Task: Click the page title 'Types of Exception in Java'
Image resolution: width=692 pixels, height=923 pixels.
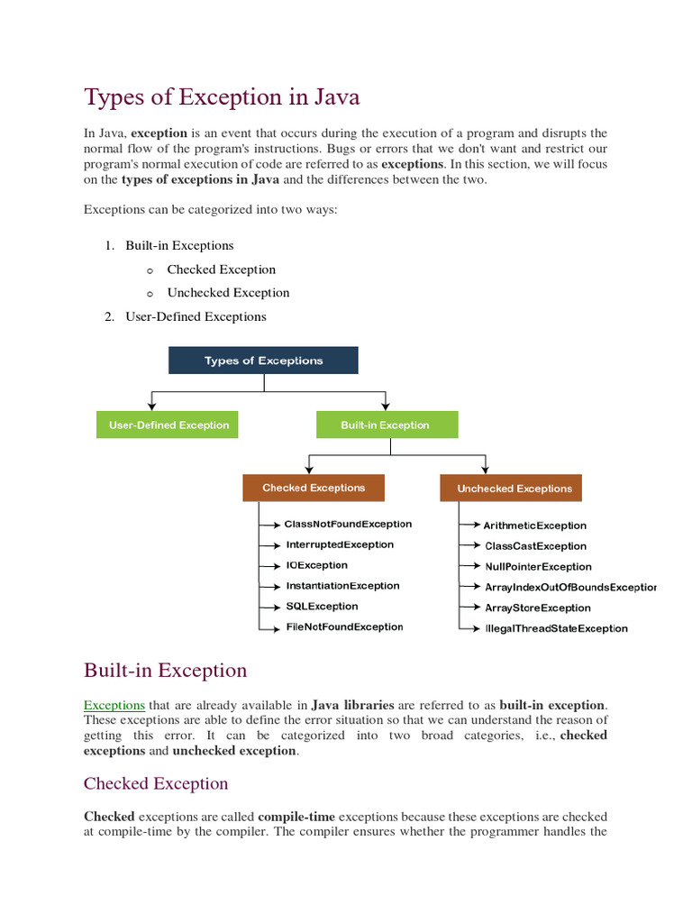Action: (x=222, y=96)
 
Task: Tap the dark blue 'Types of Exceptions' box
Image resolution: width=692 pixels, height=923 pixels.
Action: (x=263, y=361)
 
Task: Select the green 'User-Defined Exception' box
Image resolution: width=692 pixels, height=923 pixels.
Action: (x=168, y=425)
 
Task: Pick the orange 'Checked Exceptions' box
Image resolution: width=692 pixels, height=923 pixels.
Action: (x=314, y=488)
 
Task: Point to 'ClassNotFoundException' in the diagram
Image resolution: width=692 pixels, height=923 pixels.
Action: (x=348, y=524)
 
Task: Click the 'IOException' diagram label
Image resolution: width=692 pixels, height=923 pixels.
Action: (x=316, y=565)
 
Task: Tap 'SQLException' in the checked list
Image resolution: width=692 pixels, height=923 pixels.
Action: (x=322, y=607)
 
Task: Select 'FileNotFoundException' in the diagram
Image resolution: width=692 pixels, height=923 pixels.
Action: (x=344, y=626)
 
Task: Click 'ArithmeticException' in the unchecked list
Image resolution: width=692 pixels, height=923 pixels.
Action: (x=535, y=525)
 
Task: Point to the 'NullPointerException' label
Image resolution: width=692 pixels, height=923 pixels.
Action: (x=538, y=567)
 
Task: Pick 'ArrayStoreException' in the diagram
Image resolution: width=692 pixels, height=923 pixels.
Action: (x=538, y=608)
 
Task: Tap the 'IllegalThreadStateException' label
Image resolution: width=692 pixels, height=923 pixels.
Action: (x=556, y=628)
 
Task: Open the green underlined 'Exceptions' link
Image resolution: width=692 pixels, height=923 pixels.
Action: (x=114, y=705)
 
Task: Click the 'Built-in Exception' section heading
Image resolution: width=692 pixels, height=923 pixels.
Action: (x=165, y=671)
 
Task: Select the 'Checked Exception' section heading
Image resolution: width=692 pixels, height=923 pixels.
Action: (x=156, y=783)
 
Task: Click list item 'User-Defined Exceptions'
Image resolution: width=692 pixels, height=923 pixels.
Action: (x=196, y=316)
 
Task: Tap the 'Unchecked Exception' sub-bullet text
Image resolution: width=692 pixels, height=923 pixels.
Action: (x=228, y=293)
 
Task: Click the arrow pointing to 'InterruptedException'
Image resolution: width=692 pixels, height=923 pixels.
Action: (x=271, y=545)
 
